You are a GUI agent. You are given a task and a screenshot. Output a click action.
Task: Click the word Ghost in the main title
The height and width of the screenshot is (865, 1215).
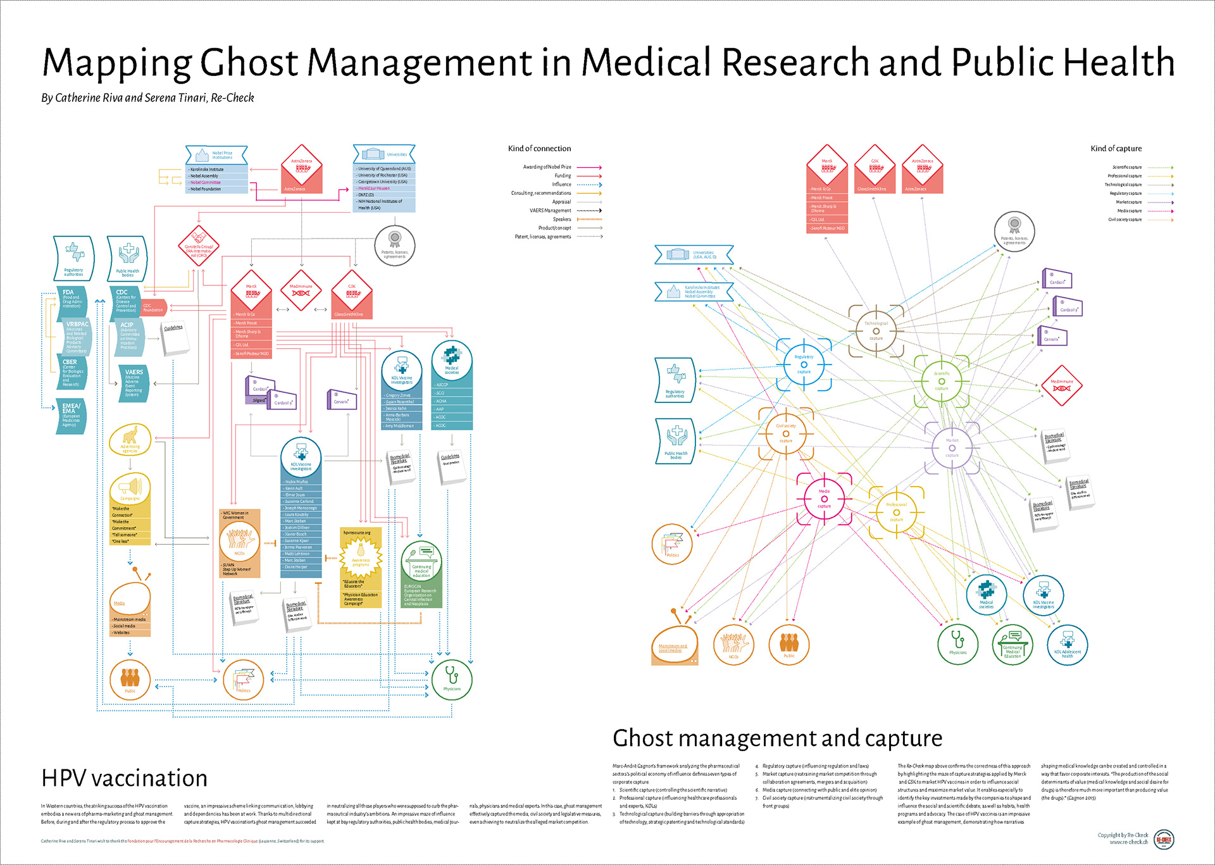(x=249, y=63)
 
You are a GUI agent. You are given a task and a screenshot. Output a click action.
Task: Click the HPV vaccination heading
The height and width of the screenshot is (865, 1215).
(x=124, y=778)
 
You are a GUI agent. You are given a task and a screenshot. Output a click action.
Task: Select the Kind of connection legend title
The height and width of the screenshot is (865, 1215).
(x=539, y=149)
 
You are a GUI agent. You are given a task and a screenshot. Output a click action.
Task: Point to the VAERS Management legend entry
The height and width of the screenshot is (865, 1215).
(x=550, y=211)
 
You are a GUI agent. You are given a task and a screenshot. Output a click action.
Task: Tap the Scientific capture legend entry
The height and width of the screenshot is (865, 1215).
(x=1127, y=168)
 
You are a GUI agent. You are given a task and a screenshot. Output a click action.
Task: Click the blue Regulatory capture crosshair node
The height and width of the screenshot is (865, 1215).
(x=804, y=364)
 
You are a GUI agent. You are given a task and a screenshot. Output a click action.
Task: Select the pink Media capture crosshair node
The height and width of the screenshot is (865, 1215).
(x=824, y=499)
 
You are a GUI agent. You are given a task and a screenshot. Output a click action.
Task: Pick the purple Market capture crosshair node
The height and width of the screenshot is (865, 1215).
(x=952, y=447)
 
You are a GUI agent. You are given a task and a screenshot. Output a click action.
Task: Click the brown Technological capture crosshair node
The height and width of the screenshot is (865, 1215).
(x=876, y=330)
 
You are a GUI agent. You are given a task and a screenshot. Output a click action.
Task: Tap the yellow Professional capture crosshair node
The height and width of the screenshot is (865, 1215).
(x=896, y=512)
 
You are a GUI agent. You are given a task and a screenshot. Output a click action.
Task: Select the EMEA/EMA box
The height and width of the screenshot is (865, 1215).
(x=70, y=416)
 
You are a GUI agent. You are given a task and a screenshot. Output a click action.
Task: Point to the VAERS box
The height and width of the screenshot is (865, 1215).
(x=134, y=383)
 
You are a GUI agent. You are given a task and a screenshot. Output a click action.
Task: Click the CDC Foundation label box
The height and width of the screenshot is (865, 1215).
(x=153, y=308)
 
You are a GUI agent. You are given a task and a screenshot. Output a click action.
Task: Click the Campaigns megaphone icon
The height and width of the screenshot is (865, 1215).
(x=130, y=488)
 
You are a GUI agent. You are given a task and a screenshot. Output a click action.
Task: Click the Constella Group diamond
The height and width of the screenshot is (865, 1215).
(x=199, y=247)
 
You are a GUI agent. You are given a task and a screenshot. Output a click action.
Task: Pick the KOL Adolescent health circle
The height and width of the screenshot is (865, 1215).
(x=1068, y=644)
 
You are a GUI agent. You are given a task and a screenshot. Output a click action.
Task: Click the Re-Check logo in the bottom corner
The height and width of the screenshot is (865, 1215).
(x=1163, y=840)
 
